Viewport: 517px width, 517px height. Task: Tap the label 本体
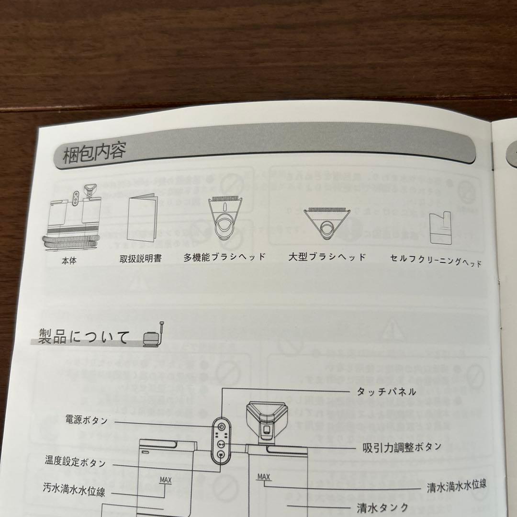coord(69,261)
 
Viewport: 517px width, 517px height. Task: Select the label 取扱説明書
coord(140,258)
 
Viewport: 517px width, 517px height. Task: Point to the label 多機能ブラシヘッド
coord(224,257)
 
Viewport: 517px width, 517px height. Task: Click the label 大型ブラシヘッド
coord(327,257)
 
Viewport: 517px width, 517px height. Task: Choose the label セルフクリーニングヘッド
coord(436,260)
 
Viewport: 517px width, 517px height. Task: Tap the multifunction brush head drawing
coord(225,218)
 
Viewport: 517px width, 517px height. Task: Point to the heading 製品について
coord(84,337)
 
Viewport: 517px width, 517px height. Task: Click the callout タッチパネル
coord(386,392)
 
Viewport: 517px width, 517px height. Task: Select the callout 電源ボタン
coord(86,420)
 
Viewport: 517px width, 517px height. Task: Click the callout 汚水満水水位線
coord(74,490)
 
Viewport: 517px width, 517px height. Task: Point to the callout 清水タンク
coord(382,507)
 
